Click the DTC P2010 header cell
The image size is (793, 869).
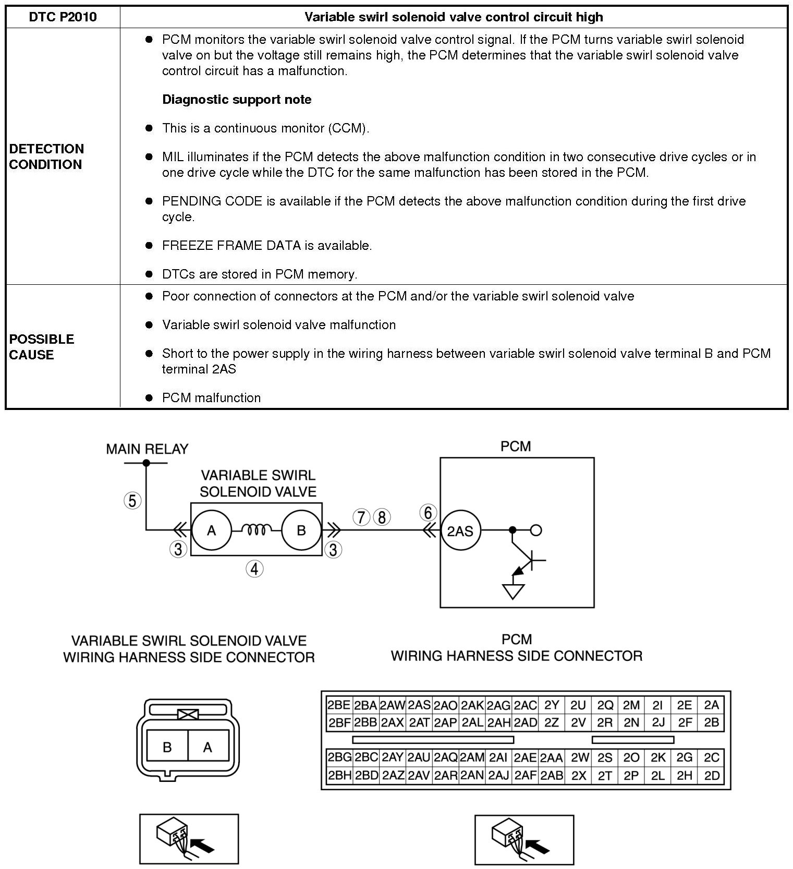point(63,17)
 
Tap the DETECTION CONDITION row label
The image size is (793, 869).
point(46,156)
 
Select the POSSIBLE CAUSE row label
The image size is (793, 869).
point(42,347)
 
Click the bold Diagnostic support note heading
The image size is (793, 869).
point(237,100)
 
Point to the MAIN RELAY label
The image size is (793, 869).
point(147,449)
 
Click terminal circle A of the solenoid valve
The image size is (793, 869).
point(211,530)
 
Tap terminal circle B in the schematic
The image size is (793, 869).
point(301,530)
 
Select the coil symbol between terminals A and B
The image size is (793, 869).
point(257,530)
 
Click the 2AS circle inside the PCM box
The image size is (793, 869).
point(460,531)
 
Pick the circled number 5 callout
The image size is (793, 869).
point(132,501)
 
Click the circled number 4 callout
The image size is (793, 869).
point(254,569)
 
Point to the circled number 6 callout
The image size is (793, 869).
point(428,513)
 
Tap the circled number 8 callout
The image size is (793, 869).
point(382,517)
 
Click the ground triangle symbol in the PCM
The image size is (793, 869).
point(513,592)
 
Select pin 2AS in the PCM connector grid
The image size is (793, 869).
point(419,705)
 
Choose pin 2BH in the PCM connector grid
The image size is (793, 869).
point(339,776)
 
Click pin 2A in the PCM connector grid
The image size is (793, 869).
point(711,705)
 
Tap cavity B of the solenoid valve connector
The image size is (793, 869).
point(167,747)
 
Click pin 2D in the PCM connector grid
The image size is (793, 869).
point(712,776)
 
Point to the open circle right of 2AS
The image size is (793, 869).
point(536,530)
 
